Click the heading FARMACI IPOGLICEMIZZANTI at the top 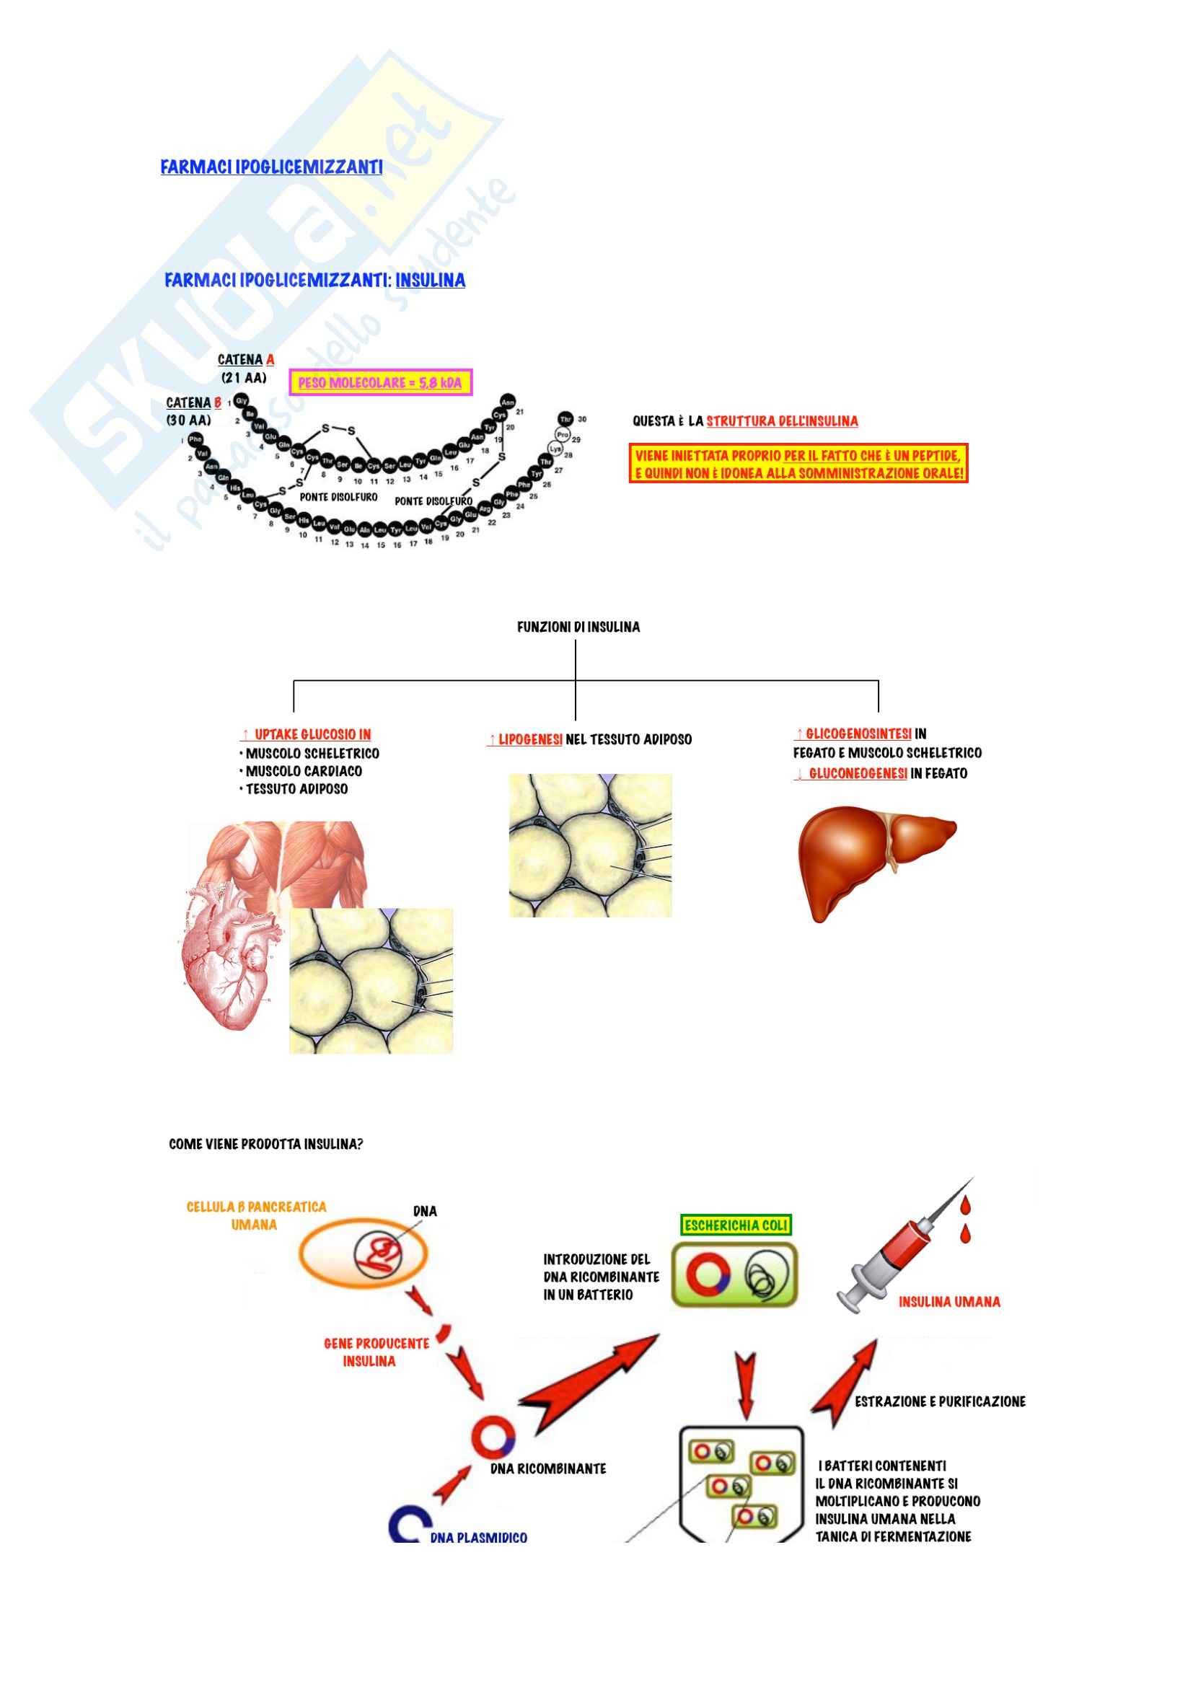(271, 167)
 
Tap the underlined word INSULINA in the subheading (430, 281)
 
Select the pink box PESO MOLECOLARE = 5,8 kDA (380, 383)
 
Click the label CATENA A (245, 360)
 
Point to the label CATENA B (193, 403)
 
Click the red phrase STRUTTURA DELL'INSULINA (782, 422)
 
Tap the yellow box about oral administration (798, 464)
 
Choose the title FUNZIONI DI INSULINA (578, 627)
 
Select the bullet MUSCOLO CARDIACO (304, 772)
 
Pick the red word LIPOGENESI (529, 740)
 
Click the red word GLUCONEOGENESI (858, 774)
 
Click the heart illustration (229, 955)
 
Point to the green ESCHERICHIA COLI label (736, 1225)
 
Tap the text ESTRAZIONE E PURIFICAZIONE (940, 1402)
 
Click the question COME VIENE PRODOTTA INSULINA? (266, 1145)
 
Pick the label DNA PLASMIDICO (478, 1538)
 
